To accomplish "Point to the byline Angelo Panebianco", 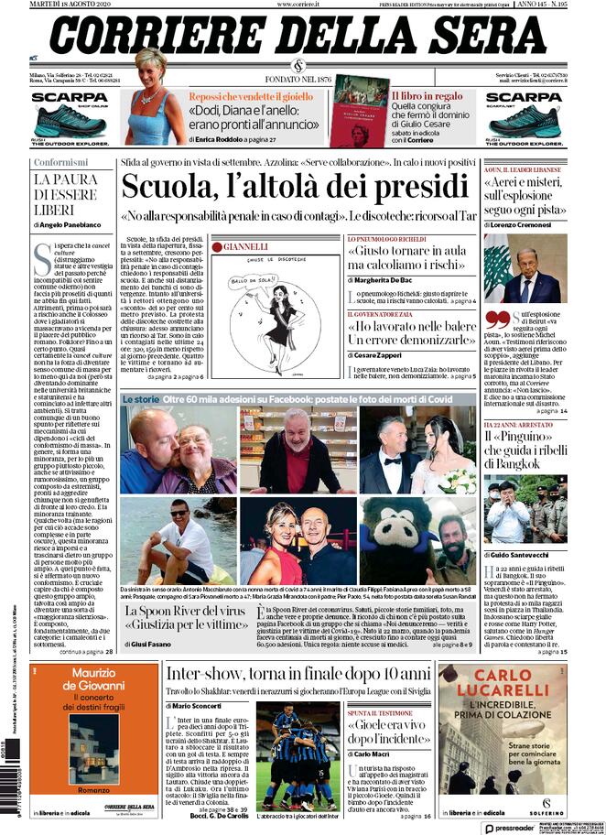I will point(71,224).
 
